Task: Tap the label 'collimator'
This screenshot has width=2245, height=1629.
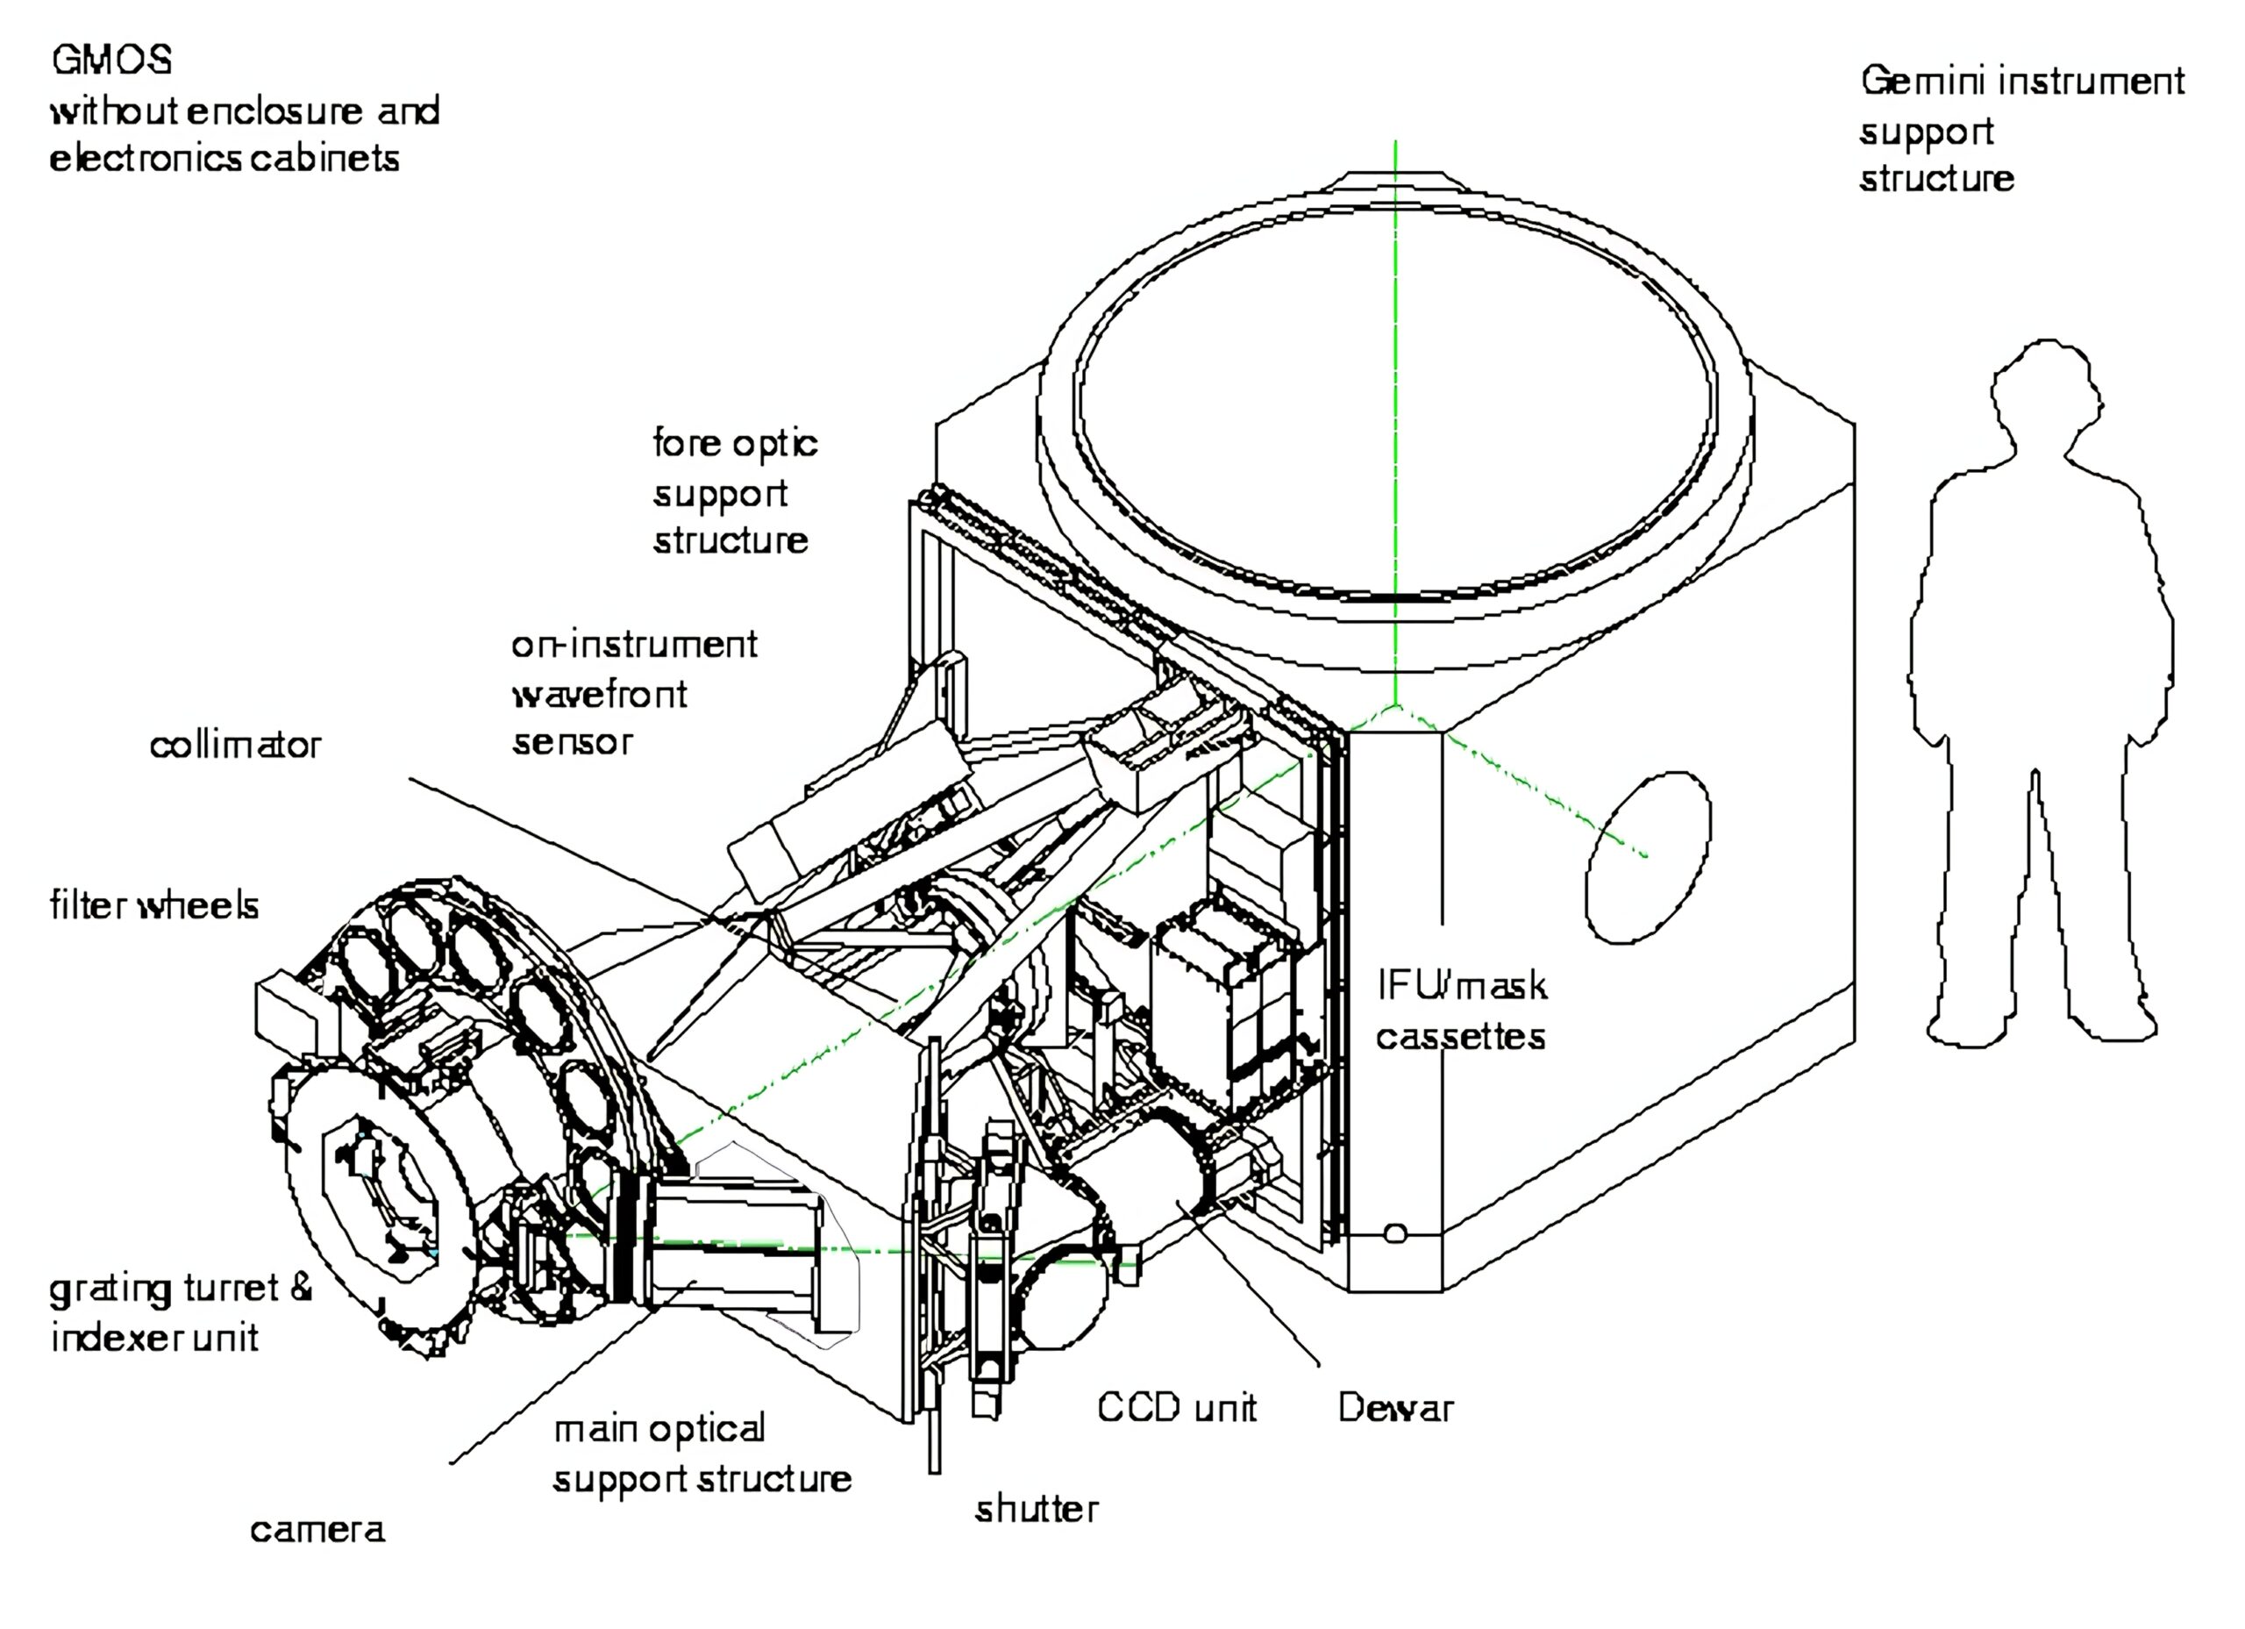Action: [x=236, y=745]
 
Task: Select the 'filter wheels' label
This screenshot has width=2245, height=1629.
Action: [x=154, y=905]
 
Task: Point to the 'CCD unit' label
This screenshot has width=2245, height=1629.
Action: [x=1177, y=1407]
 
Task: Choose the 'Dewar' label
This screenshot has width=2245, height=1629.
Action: [x=1396, y=1407]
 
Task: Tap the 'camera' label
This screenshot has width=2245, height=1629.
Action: [x=317, y=1530]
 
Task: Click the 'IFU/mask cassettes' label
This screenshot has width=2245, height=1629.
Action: [x=1461, y=1011]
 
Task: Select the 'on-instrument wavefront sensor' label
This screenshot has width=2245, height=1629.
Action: [x=633, y=693]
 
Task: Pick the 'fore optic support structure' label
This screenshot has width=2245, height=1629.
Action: [x=735, y=492]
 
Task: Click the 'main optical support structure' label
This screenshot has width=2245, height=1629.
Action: [x=702, y=1454]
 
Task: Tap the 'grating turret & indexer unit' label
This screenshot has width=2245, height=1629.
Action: [x=182, y=1313]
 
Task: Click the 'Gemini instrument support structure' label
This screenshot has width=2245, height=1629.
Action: [x=2022, y=130]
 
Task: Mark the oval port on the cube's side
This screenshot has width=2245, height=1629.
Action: [x=1648, y=858]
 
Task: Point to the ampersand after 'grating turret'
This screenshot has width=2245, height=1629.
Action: [x=301, y=1288]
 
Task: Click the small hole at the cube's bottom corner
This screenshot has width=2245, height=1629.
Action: [x=1394, y=1232]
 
